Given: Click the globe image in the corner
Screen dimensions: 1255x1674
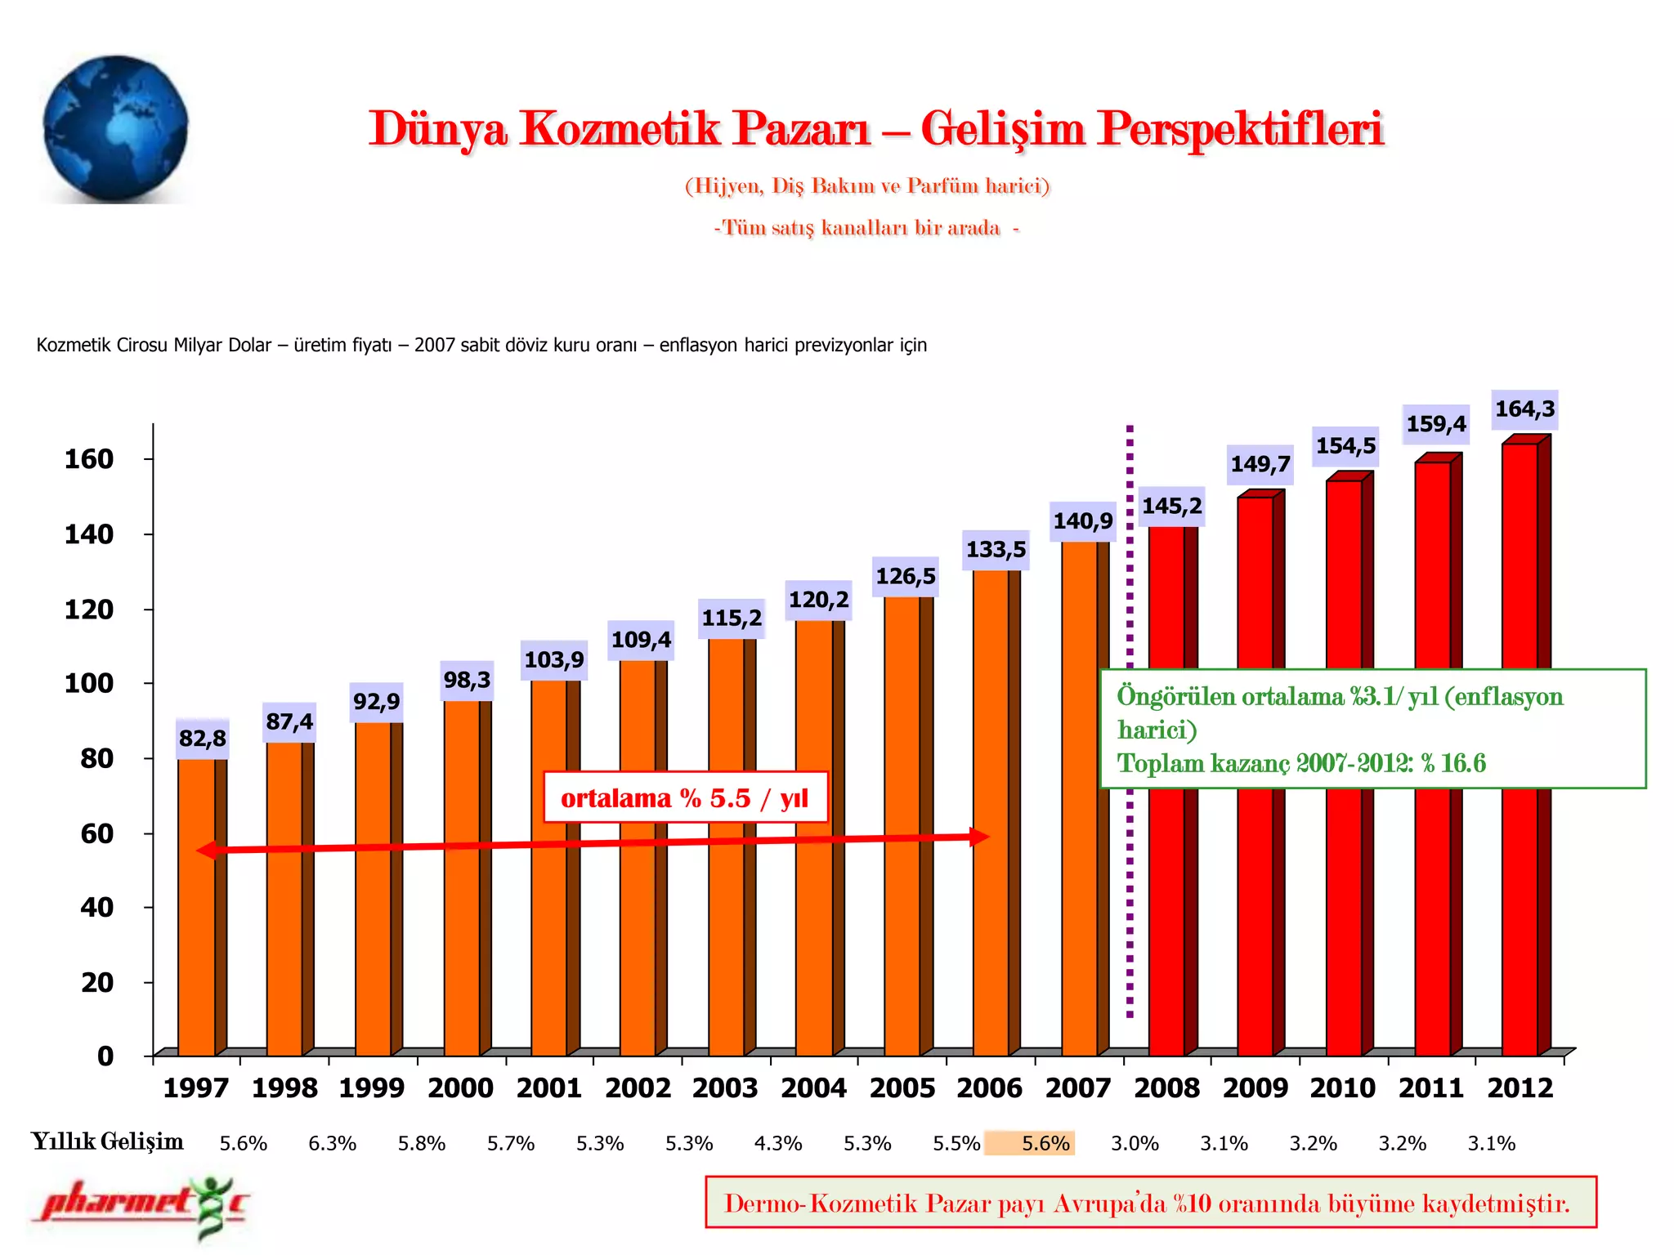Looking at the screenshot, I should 115,128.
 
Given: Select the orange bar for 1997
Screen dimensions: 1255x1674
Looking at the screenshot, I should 197,907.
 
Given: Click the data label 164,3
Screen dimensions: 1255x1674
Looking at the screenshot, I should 1524,409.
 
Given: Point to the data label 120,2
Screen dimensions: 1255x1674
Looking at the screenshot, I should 818,601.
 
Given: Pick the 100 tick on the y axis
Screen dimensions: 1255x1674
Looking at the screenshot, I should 89,683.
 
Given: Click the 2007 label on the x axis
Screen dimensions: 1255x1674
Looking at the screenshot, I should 1078,1088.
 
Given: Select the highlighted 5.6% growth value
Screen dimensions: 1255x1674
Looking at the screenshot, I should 1045,1143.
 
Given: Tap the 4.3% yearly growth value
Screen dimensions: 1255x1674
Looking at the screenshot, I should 777,1143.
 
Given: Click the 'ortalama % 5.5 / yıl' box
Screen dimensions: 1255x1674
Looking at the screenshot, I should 685,797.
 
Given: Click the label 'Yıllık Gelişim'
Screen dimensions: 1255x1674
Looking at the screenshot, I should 107,1141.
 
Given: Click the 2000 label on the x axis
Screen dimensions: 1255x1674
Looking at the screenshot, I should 460,1088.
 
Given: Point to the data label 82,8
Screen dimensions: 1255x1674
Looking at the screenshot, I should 203,739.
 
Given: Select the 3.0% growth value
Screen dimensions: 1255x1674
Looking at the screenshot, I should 1135,1143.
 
